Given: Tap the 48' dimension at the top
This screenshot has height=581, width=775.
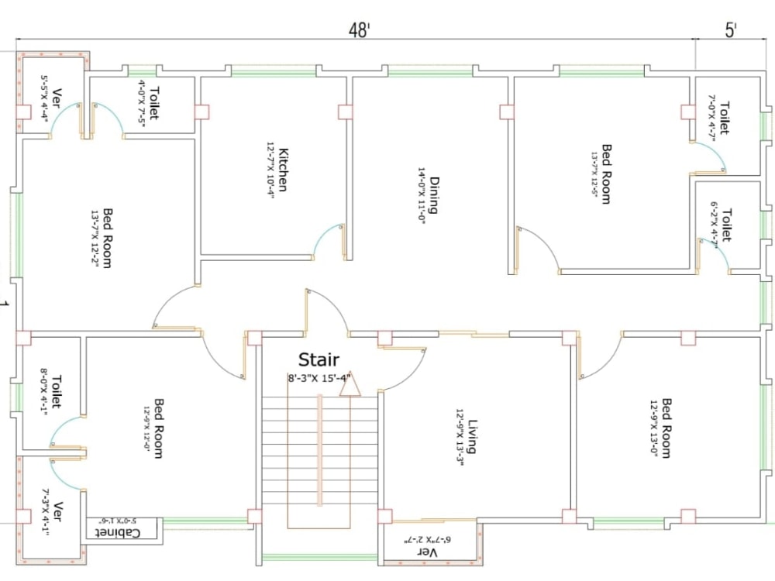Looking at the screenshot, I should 359,30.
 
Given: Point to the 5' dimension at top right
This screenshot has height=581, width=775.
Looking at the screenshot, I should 731,30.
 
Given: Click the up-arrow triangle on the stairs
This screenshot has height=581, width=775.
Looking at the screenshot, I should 350,385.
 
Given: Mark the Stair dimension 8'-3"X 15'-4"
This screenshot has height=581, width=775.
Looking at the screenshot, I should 319,378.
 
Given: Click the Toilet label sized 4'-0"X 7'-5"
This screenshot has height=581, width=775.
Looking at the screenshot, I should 153,101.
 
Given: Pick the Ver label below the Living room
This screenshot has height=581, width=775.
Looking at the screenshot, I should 429,552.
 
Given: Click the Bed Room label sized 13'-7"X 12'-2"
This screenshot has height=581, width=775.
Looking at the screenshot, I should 107,239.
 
